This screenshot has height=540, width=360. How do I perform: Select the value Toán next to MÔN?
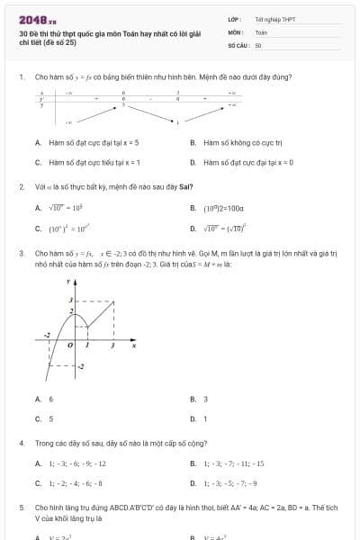[261, 31]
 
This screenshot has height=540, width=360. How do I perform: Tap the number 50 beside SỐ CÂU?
[258, 44]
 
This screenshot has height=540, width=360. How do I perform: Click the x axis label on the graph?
[134, 345]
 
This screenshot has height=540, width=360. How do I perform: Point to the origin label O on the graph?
[74, 345]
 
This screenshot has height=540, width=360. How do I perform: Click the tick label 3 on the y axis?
[71, 299]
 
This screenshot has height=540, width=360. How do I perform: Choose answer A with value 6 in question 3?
[50, 399]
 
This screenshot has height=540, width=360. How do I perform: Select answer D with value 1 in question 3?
[205, 418]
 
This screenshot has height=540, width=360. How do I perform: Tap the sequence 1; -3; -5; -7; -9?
[232, 483]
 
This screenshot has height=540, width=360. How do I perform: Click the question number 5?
[21, 508]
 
